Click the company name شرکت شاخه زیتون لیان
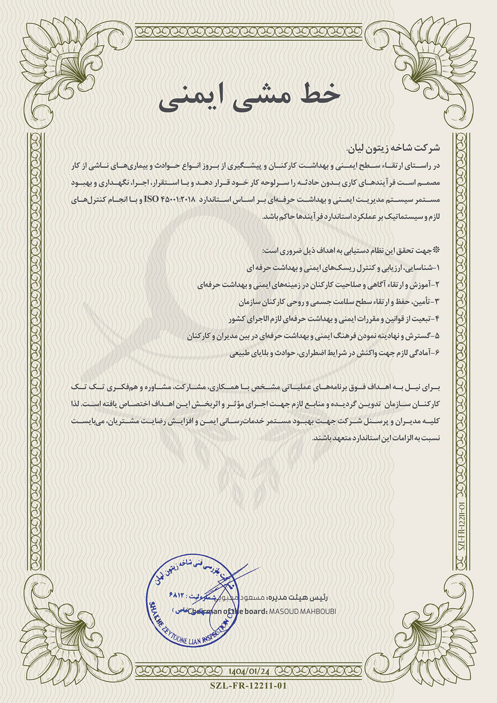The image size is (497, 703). (x=393, y=149)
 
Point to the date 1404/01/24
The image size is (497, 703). (x=248, y=671)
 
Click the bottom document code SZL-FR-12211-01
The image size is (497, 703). (x=248, y=686)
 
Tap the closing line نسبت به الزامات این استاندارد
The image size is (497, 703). (x=376, y=438)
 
